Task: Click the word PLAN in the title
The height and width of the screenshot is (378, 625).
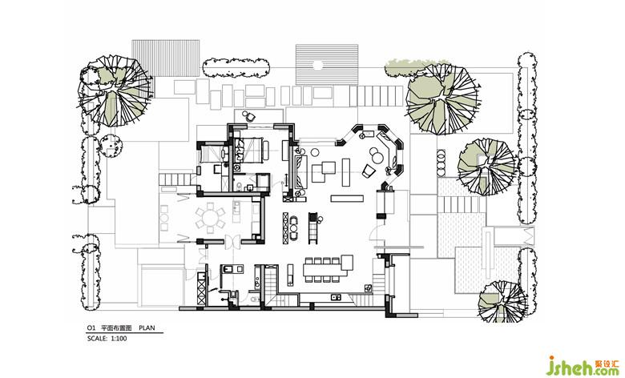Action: [x=147, y=328]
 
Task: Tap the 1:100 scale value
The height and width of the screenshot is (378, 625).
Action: [x=119, y=338]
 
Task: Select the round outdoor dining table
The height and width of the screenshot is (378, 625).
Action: [x=210, y=217]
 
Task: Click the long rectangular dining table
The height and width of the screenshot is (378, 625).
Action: [x=322, y=271]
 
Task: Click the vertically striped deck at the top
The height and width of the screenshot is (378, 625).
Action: [x=165, y=58]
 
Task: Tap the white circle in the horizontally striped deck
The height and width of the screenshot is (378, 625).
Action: [x=317, y=65]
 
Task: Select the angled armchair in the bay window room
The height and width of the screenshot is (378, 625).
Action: [x=369, y=171]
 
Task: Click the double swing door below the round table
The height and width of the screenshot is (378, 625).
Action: [x=232, y=241]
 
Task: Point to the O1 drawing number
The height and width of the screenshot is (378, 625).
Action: [x=91, y=328]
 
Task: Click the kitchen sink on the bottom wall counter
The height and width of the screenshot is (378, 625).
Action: [x=335, y=296]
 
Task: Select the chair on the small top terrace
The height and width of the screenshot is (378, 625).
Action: [x=249, y=115]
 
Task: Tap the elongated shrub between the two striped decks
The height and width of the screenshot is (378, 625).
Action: [x=236, y=68]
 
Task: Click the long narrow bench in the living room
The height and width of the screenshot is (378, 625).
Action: [x=347, y=198]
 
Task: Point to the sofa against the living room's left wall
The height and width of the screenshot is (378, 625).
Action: [x=301, y=172]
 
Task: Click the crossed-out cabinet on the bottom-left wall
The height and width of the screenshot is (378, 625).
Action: [x=201, y=294]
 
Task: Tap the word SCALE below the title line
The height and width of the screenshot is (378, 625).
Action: [x=97, y=338]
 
